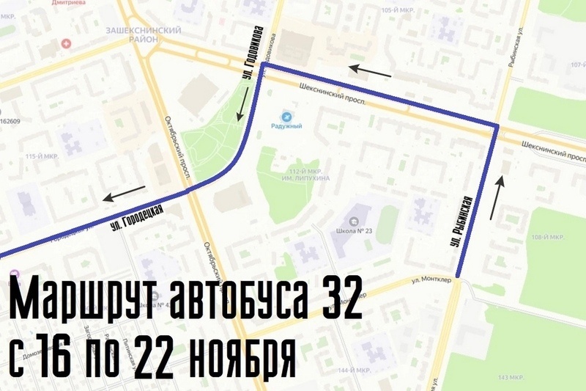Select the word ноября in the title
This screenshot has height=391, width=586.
241,354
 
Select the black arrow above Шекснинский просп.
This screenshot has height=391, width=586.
370,71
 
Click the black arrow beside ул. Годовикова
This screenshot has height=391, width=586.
241,103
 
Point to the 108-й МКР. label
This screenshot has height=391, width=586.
547,237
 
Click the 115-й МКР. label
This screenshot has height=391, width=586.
41,156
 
